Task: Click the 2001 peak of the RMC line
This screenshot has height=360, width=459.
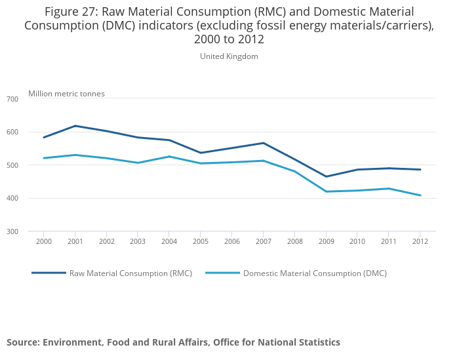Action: point(75,126)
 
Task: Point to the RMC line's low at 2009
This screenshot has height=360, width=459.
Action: point(326,176)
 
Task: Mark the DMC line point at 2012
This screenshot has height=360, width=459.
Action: point(420,195)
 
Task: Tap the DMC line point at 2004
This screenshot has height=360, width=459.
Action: point(169,156)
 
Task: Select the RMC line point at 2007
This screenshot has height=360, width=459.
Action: point(263,143)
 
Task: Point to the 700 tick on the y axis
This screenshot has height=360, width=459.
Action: point(12,99)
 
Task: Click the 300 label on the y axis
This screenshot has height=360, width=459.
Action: point(12,231)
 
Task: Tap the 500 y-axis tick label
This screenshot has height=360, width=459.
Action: point(12,165)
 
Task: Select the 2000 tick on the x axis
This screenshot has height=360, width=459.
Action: point(43,241)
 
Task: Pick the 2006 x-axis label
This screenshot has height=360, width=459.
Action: point(231,241)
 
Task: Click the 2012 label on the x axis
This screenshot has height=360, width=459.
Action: point(420,241)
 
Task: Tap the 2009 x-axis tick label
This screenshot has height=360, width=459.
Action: point(326,241)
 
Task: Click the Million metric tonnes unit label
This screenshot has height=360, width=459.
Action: point(66,94)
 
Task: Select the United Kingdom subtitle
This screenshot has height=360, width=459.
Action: point(229,56)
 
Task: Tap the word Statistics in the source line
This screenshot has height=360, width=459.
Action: point(317,342)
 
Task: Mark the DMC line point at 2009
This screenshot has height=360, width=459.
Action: point(326,191)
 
